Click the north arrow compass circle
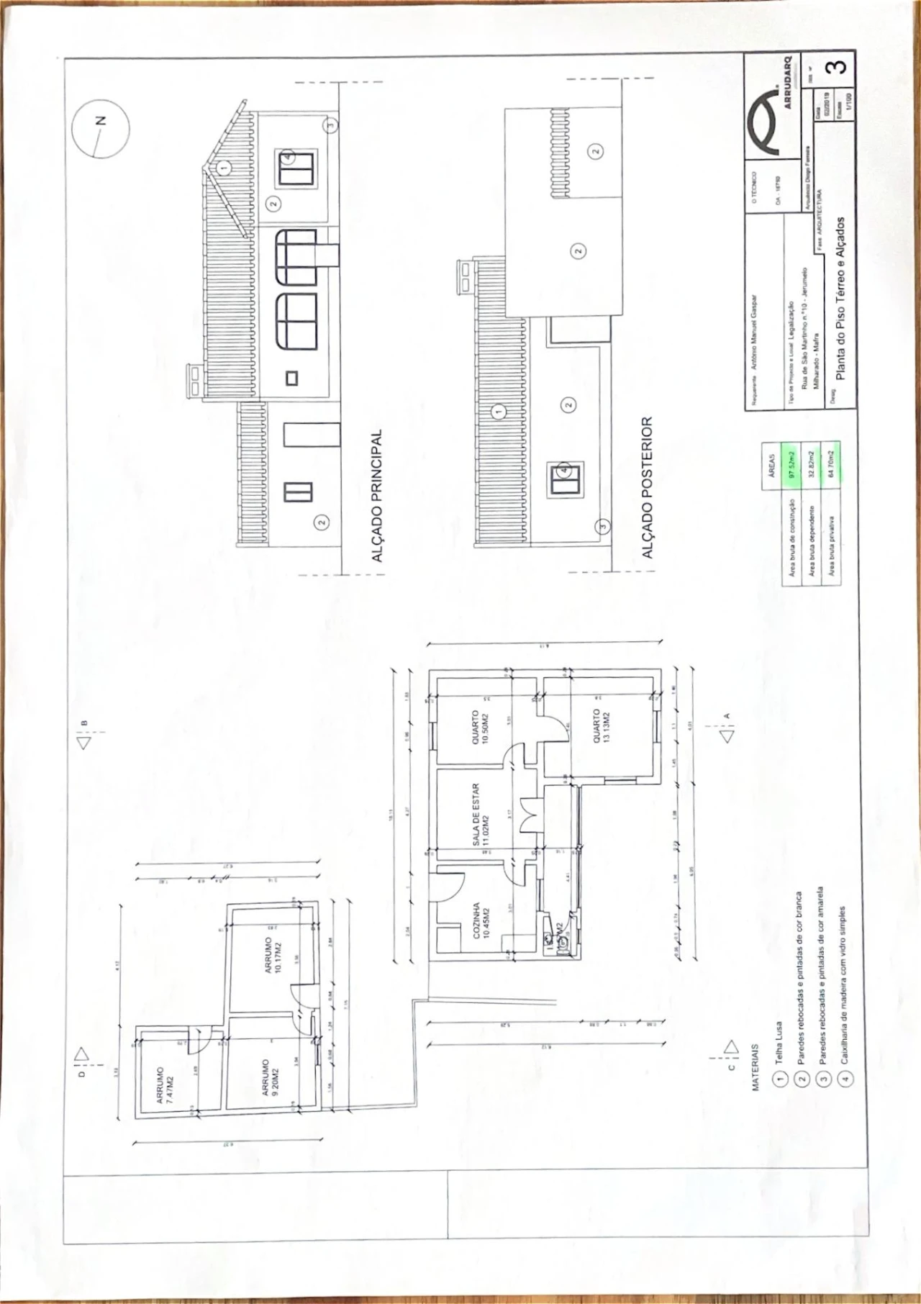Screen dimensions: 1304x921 (101, 128)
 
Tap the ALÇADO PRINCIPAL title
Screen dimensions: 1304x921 (376, 497)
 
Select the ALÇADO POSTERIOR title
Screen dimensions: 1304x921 (647, 487)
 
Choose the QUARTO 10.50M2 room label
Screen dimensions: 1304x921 (480, 727)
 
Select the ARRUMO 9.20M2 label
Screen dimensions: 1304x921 (271, 1076)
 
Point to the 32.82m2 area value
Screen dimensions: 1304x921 (812, 466)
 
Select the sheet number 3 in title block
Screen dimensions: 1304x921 (837, 67)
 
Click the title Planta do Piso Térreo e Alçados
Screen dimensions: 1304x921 (840, 298)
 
